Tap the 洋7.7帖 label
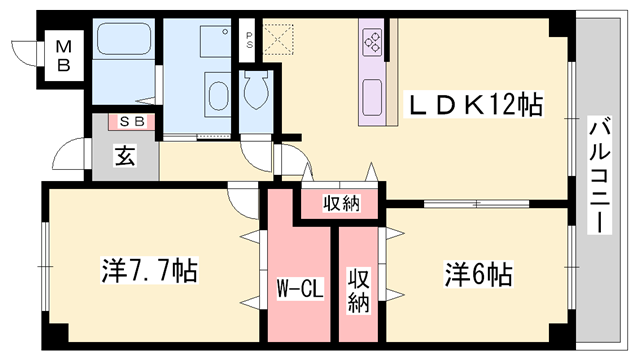(149, 269)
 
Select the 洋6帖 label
(479, 271)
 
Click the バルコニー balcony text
(599, 175)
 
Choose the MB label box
(63, 55)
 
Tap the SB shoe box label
(132, 122)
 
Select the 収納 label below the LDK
(341, 204)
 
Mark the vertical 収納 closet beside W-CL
(357, 290)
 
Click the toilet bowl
(256, 92)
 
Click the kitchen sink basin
(373, 98)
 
